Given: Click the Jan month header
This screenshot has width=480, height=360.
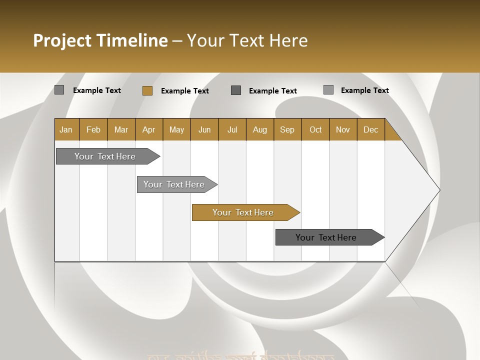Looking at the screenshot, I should click(66, 129).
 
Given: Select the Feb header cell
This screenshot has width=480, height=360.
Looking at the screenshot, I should click(93, 129).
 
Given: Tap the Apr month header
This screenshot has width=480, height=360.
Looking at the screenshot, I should click(148, 129).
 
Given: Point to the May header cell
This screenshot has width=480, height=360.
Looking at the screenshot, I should click(176, 129).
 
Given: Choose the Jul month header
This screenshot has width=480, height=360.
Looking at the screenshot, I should click(232, 129).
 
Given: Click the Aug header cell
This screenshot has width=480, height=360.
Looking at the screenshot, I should click(260, 129).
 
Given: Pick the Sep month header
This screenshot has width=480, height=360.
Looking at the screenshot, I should click(287, 129).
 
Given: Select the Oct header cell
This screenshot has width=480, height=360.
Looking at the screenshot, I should click(315, 129).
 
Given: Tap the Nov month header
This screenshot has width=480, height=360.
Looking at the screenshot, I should click(343, 129).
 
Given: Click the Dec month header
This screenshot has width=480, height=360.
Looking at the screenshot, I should click(371, 129).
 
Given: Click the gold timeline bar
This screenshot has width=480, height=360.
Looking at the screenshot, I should click(243, 212).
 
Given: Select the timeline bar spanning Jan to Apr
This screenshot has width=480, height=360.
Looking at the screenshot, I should click(105, 156).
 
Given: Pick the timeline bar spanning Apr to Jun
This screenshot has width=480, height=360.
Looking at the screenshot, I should click(174, 184).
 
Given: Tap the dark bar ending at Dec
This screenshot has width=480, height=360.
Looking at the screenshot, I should click(326, 237).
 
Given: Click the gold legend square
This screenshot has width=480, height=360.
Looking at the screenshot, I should click(147, 90).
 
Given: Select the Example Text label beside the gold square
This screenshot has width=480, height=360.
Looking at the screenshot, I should click(185, 91).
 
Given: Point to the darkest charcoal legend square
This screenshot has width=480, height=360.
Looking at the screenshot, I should click(236, 90).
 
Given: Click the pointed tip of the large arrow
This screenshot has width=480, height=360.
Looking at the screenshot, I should click(438, 190).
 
